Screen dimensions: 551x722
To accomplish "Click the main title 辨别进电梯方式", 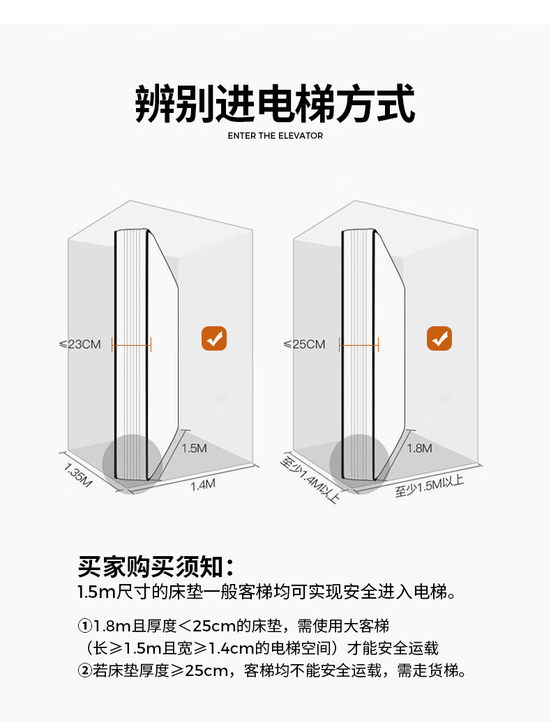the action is pos(275,105).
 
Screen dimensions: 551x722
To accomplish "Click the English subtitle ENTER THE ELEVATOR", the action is pos(275,136).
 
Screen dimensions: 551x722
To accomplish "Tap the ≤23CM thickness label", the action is pos(80,344).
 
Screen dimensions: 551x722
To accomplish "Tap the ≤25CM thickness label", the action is pos(304,344).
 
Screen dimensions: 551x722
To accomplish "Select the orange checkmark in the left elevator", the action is pos(214,339).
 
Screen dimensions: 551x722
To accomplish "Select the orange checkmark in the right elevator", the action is pos(439,339).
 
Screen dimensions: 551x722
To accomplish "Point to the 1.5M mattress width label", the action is pos(194,448).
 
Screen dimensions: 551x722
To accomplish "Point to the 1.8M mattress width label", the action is pos(419,448).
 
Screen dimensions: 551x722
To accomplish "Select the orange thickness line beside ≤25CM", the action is pos(358,344).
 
